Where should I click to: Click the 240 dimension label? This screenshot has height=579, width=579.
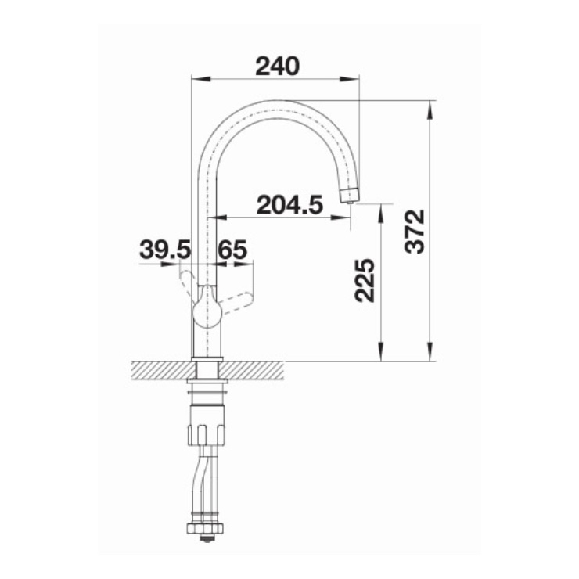pyautogui.click(x=277, y=66)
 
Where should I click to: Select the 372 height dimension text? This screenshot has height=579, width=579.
pyautogui.click(x=415, y=232)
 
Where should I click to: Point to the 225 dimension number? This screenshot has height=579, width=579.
pyautogui.click(x=365, y=280)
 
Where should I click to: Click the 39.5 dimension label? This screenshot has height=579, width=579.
pyautogui.click(x=164, y=250)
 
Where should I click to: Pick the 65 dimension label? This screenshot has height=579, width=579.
pyautogui.click(x=232, y=250)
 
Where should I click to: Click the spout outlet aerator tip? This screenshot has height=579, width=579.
pyautogui.click(x=349, y=195)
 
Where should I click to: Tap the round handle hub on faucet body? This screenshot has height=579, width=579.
pyautogui.click(x=207, y=312)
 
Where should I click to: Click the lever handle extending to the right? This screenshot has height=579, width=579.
pyautogui.click(x=236, y=303)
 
